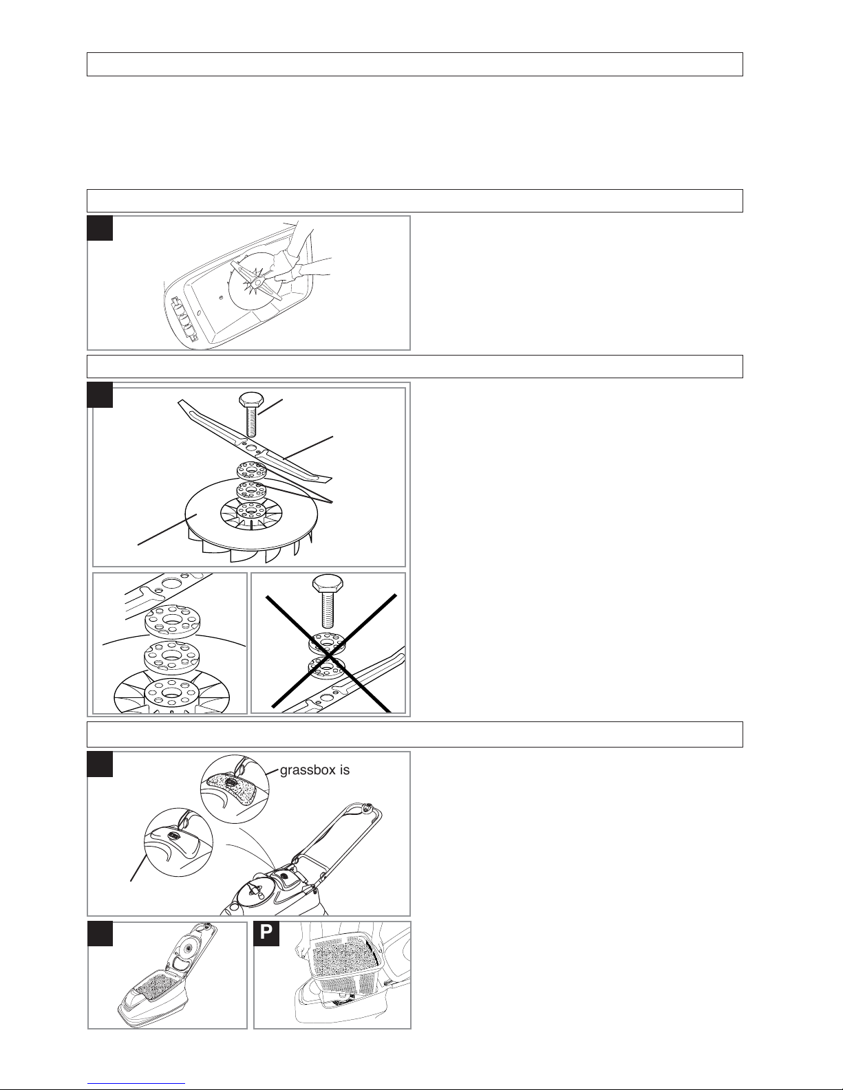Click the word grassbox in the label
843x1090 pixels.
tap(308, 770)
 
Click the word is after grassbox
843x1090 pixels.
tap(345, 770)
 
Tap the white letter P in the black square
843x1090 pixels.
tap(266, 932)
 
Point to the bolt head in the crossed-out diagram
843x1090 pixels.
tap(328, 583)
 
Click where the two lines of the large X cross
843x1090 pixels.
tap(330, 655)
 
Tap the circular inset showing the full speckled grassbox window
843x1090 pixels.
tap(235, 789)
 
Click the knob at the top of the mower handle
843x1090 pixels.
tap(369, 807)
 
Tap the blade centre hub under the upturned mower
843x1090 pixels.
tap(257, 283)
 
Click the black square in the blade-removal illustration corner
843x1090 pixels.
tap(100, 228)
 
